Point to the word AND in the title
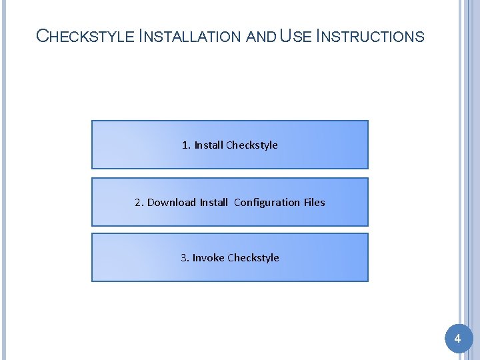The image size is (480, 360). tap(261, 37)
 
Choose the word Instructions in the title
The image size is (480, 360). tap(370, 36)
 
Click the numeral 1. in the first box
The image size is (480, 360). tap(186, 145)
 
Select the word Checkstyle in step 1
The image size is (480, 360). tap(252, 145)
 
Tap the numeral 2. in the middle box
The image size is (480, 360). tap(139, 202)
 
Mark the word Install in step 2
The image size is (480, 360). tap(213, 202)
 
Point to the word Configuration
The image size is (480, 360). tap(267, 202)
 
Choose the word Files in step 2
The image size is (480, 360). tap(314, 202)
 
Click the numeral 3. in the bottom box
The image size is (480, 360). tap(185, 257)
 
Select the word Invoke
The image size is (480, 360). tap(208, 257)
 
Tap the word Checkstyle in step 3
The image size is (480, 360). tap(253, 257)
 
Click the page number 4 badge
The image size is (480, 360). tap(457, 339)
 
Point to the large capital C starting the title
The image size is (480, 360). tap(42, 36)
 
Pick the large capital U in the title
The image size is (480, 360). tap(286, 36)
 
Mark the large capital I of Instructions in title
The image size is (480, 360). tap(319, 36)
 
